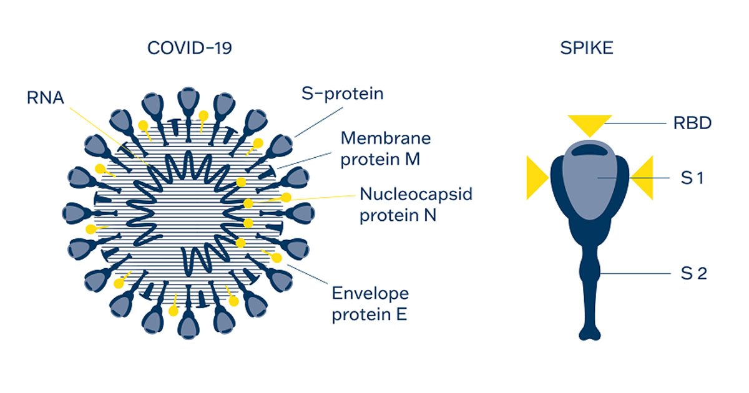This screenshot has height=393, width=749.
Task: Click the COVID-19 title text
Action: tap(189, 48)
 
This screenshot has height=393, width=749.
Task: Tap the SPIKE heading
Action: tap(586, 48)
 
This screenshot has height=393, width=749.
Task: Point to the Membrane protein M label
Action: tap(386, 148)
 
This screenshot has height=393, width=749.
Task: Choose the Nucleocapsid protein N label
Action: tap(416, 205)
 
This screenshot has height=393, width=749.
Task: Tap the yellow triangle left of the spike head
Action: tap(536, 178)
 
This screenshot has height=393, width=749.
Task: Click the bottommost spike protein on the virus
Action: tap(188, 322)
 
